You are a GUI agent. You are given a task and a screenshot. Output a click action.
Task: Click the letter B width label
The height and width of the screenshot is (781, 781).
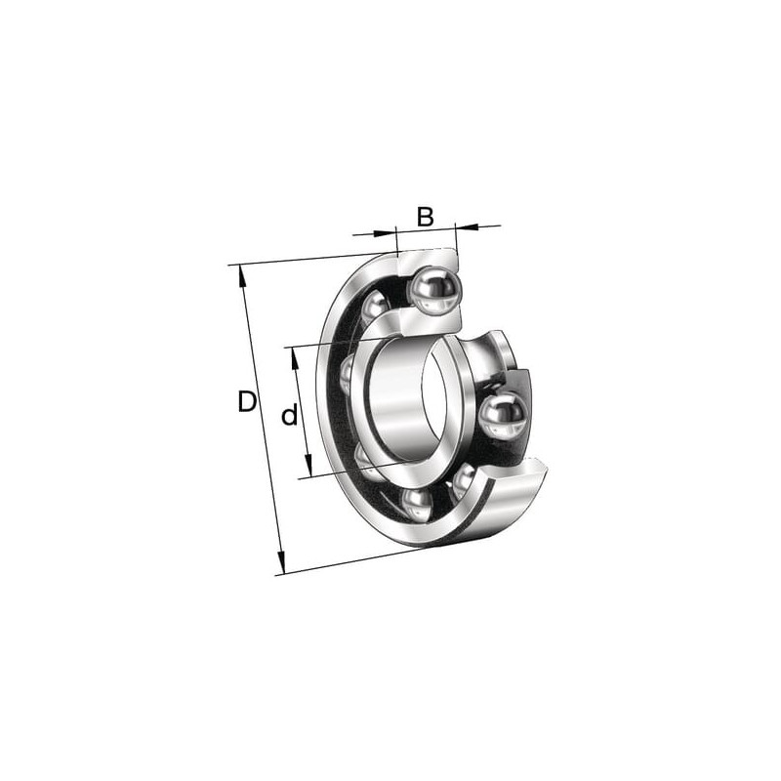425,217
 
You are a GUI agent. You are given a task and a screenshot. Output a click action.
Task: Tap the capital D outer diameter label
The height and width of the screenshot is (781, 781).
247,402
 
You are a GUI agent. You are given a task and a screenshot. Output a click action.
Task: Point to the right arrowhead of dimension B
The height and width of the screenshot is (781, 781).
468,227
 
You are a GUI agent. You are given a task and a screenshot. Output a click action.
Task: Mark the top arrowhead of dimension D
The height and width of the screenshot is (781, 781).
242,276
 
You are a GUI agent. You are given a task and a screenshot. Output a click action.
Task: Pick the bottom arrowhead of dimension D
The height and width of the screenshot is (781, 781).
281,563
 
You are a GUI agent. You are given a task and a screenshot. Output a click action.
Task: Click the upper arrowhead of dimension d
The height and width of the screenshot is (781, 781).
296,358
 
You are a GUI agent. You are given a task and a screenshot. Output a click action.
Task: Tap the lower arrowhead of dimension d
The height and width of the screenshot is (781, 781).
308,466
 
